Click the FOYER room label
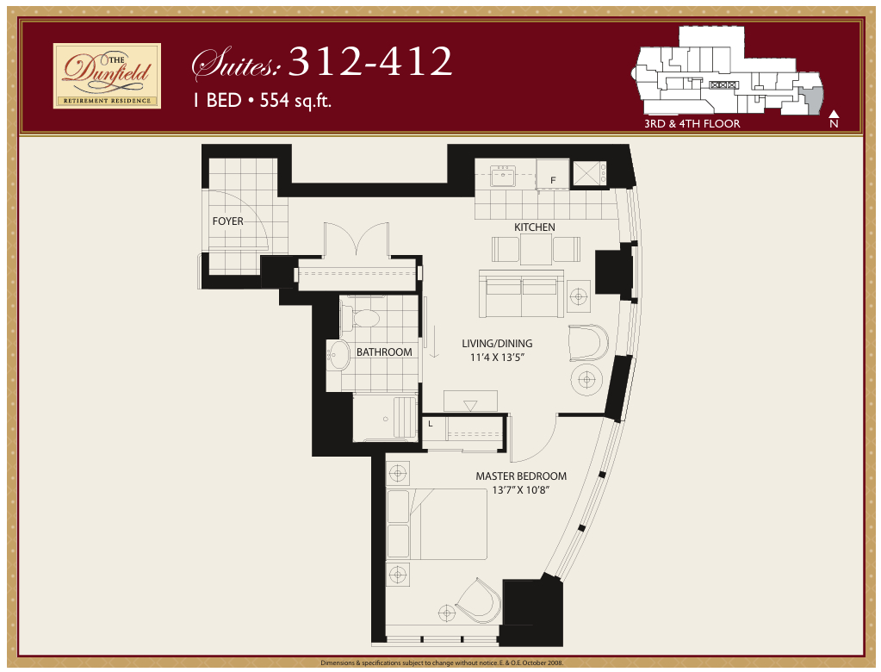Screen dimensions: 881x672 227,221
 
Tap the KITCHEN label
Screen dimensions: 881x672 534,227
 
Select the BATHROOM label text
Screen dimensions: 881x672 384,352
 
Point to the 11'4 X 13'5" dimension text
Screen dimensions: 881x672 497,358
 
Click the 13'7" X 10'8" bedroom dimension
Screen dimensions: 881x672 520,490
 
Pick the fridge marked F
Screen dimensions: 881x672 552,174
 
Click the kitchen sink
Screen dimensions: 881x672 502,175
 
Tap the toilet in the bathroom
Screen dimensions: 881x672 360,318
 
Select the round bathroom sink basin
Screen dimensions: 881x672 338,355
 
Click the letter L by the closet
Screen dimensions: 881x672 431,424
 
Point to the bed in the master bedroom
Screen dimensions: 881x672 437,524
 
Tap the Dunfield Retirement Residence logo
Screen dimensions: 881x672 107,76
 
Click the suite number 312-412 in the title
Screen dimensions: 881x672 370,61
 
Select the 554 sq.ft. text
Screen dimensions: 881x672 295,101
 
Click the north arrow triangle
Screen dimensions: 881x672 834,114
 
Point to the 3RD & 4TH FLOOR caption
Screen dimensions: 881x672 692,123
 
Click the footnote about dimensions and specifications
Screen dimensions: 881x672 442,663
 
